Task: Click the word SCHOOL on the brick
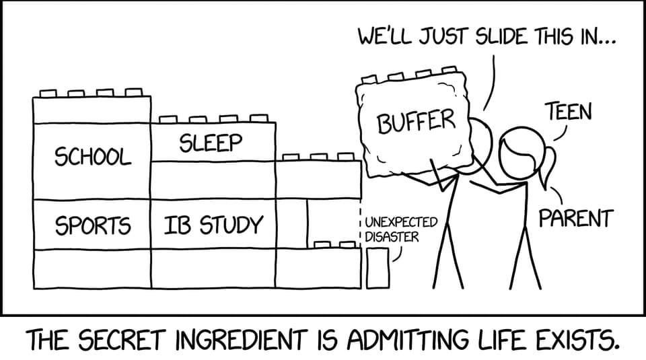(x=93, y=157)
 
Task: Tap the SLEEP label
(x=210, y=143)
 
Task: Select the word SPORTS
(x=93, y=225)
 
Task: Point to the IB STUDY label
(x=213, y=225)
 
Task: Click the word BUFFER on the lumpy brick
(x=416, y=120)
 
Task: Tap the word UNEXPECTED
(x=401, y=223)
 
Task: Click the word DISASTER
(x=392, y=238)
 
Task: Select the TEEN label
(x=569, y=112)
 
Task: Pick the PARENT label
(x=576, y=218)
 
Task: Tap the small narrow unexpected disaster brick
(x=378, y=268)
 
